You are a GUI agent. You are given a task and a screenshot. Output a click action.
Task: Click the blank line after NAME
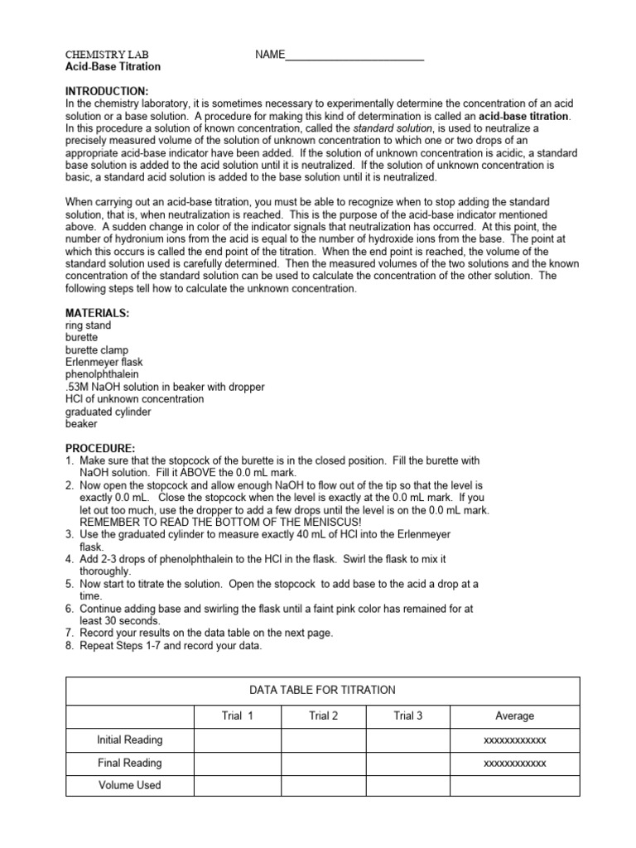pos(354,55)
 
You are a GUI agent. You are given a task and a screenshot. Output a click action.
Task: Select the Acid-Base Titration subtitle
pos(113,67)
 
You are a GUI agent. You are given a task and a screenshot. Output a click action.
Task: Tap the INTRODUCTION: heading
pos(108,90)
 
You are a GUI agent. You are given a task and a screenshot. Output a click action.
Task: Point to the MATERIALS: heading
pos(98,314)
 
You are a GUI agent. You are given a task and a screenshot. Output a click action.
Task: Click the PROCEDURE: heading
pos(100,448)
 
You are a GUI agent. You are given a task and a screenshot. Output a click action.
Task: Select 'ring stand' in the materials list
pos(89,326)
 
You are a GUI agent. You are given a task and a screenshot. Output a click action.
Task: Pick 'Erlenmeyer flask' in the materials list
pos(104,363)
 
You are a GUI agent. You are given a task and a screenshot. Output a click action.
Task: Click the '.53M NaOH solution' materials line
pos(165,387)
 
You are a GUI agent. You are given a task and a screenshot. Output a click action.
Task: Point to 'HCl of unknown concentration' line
pos(134,399)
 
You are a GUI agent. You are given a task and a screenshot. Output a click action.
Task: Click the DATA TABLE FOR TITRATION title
pos(323,691)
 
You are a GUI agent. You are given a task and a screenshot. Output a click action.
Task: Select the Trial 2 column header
pos(323,716)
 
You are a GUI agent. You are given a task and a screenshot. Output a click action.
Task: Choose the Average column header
pos(514,716)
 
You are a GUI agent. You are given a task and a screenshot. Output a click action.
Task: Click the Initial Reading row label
pos(130,740)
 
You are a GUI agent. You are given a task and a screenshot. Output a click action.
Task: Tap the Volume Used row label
pos(130,785)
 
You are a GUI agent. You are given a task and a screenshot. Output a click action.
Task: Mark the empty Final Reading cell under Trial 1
pos(237,763)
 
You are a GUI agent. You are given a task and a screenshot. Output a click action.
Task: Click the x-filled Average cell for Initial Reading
pos(514,740)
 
